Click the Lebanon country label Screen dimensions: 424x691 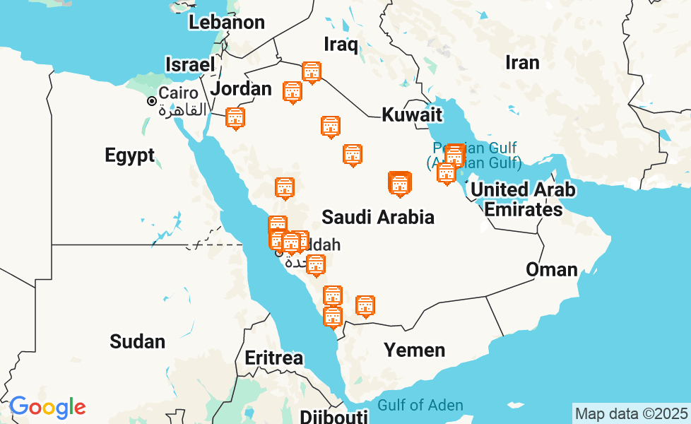point(226,22)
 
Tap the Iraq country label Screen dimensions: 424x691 point(341,45)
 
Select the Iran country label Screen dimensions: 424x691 point(522,63)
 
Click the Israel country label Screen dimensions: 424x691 point(189,64)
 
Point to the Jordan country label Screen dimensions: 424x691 point(241,89)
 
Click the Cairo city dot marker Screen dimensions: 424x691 point(152,101)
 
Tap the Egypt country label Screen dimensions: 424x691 point(129,155)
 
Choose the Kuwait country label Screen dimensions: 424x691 point(412,115)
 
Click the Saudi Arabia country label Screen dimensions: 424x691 point(377,217)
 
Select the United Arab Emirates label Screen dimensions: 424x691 point(523,199)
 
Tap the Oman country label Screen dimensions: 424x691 point(551,269)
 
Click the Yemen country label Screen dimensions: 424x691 point(414,350)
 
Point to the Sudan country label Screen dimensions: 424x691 point(137,342)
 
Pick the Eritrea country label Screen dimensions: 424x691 point(273,358)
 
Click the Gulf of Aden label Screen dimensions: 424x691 point(420,406)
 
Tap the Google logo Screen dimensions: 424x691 point(47,407)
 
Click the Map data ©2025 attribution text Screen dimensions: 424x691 point(631,413)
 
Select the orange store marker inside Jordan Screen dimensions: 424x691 point(235,118)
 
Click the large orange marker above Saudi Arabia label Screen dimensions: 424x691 point(400,184)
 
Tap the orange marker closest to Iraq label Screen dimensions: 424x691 point(312,72)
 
